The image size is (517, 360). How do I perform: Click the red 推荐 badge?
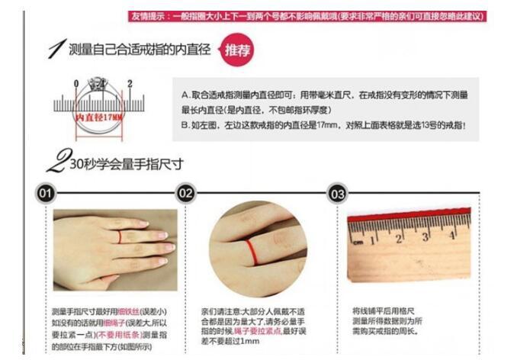236,50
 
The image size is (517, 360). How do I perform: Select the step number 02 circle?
185,194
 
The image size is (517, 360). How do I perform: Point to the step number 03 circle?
337,194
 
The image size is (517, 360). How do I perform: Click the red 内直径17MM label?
100,117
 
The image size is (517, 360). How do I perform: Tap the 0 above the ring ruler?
76,83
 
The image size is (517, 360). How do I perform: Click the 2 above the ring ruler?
130,83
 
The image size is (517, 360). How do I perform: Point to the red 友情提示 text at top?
146,16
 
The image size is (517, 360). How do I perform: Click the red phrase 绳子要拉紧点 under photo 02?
243,332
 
